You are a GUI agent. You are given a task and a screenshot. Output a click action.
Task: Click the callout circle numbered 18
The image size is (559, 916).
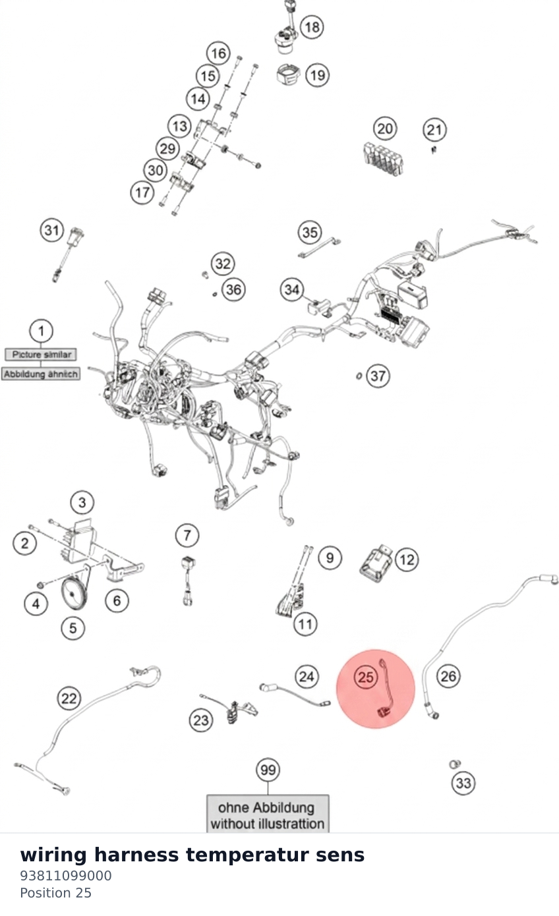pyautogui.click(x=312, y=27)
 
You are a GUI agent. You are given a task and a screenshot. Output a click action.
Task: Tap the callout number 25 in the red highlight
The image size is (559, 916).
pyautogui.click(x=365, y=677)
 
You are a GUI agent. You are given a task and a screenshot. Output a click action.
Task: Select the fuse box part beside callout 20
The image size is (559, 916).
pyautogui.click(x=383, y=158)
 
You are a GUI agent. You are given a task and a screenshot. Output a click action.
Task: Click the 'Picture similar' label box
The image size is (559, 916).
pyautogui.click(x=41, y=354)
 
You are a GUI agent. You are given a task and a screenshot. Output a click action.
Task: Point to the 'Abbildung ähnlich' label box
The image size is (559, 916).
pyautogui.click(x=40, y=374)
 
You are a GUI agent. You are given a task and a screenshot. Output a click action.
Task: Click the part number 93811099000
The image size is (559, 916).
pyautogui.click(x=65, y=876)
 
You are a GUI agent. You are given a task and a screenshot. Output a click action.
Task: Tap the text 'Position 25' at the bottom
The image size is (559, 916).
pyautogui.click(x=55, y=893)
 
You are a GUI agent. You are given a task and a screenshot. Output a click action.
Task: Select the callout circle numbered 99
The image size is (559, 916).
pyautogui.click(x=268, y=770)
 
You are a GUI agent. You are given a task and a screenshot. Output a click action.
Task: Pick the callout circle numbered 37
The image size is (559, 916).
pyautogui.click(x=378, y=376)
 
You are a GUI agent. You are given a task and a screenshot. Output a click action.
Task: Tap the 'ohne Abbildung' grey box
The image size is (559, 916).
pyautogui.click(x=268, y=815)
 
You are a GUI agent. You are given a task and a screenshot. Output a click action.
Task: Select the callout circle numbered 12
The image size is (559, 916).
pyautogui.click(x=407, y=559)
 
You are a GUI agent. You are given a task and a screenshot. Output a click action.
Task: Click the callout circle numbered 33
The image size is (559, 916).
pyautogui.click(x=463, y=783)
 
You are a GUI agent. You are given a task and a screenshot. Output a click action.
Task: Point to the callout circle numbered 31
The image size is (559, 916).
pyautogui.click(x=52, y=230)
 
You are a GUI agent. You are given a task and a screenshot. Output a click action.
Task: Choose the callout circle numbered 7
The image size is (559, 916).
pyautogui.click(x=187, y=535)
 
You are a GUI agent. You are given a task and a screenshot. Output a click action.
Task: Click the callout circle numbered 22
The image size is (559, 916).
pyautogui.click(x=69, y=698)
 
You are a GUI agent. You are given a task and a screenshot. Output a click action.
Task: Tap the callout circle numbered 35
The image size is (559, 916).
pyautogui.click(x=310, y=232)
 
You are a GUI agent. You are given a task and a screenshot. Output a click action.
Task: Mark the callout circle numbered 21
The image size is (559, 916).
pyautogui.click(x=434, y=130)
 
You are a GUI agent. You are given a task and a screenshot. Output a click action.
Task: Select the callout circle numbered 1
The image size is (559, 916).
pyautogui.click(x=41, y=331)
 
